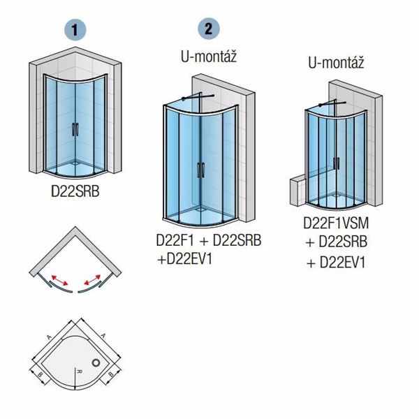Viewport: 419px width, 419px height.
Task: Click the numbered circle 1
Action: click(75, 29)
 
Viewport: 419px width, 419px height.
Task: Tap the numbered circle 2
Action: click(209, 29)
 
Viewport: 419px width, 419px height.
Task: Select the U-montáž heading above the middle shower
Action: click(209, 57)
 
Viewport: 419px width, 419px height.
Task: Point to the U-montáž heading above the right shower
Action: click(336, 63)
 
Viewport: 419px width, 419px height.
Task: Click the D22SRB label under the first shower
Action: click(75, 191)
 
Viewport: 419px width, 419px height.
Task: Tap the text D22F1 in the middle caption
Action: click(175, 240)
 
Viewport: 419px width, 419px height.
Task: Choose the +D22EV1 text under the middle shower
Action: click(184, 259)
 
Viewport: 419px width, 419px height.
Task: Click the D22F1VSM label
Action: click(336, 223)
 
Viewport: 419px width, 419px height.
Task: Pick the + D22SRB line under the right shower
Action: click(337, 242)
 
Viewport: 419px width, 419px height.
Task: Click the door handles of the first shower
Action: click(75, 130)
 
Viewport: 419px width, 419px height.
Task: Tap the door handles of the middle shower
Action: click(200, 170)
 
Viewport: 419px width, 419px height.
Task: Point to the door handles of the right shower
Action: click(337, 163)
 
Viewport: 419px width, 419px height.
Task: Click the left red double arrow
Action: click(59, 280)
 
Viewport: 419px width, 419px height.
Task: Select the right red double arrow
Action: click(92, 280)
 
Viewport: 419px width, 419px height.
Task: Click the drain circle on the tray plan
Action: click(96, 362)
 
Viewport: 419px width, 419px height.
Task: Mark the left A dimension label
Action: click(49, 337)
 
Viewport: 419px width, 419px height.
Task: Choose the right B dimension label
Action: click(111, 374)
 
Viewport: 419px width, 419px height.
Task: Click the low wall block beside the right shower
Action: click(298, 191)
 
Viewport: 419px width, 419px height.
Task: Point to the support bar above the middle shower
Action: click(198, 97)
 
